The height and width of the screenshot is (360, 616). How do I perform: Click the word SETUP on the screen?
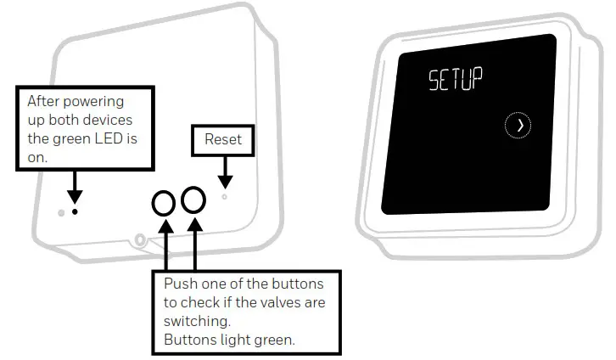(455, 82)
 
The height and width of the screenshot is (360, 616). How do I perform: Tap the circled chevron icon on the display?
(518, 126)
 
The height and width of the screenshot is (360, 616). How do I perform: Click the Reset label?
(223, 139)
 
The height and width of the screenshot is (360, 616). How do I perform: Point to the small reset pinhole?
(224, 196)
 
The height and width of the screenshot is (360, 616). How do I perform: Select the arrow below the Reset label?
(224, 176)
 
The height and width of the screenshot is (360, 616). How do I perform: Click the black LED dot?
(75, 211)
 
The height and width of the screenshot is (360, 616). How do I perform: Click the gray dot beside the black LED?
(61, 212)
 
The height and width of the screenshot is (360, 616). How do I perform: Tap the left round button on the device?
(164, 202)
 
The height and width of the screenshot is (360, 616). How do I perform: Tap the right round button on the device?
(194, 200)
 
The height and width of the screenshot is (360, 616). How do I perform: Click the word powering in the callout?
(96, 102)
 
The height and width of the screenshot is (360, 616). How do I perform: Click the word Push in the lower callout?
(180, 283)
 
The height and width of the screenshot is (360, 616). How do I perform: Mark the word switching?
(194, 323)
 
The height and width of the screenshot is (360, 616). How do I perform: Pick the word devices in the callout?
(108, 120)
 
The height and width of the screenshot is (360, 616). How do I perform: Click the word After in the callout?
(44, 102)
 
